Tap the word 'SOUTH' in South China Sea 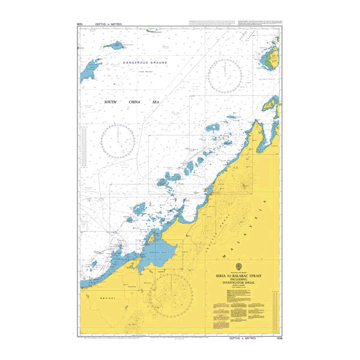[x=110, y=102]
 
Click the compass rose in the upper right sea [x=225, y=76]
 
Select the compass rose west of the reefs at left [x=118, y=142]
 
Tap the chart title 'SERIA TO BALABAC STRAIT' [x=239, y=275]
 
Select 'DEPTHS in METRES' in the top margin [x=109, y=24]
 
